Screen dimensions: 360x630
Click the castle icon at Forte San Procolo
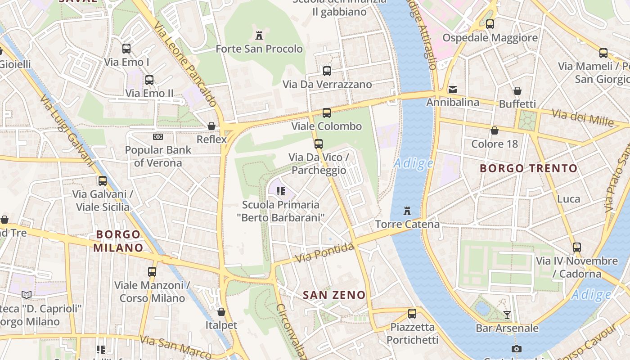(x=259, y=35)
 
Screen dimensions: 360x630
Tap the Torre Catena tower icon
(x=407, y=211)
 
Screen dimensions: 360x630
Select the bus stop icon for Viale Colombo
(x=327, y=113)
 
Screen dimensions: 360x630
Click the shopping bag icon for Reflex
(x=211, y=126)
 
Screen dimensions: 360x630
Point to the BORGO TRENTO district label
(x=528, y=169)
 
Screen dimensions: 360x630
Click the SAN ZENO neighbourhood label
(x=334, y=295)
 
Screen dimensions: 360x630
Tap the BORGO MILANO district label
(x=118, y=241)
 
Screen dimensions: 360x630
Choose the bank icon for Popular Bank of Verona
(x=157, y=136)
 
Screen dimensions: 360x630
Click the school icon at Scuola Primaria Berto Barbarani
(x=281, y=191)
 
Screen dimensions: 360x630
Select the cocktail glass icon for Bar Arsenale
(x=507, y=315)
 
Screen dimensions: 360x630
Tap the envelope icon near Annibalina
(x=453, y=90)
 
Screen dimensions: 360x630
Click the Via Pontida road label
(x=324, y=253)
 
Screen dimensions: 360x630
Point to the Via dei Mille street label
(x=583, y=117)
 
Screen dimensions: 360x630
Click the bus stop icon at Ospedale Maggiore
(x=490, y=24)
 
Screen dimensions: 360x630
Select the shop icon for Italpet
(x=221, y=311)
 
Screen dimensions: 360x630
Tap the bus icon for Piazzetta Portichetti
(x=412, y=314)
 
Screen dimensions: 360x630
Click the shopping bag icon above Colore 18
(x=495, y=130)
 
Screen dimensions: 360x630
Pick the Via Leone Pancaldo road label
(x=185, y=63)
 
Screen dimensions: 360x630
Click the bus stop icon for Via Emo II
(x=149, y=80)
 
